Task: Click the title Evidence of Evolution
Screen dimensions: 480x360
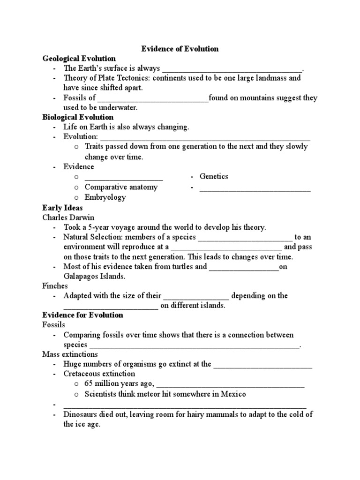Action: [x=180, y=49]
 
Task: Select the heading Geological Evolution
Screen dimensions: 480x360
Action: [x=79, y=59]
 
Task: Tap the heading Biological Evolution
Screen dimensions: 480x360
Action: [x=78, y=117]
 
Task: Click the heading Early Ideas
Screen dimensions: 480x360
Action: [x=62, y=208]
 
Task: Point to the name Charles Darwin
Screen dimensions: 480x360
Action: [x=68, y=217]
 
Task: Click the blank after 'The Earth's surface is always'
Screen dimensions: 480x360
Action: [x=232, y=69]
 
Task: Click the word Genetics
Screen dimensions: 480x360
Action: [x=214, y=176]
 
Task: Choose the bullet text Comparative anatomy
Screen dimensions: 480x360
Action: [x=121, y=187]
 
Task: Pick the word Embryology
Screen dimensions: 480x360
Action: [x=105, y=197]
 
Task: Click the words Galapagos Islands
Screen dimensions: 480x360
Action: [x=94, y=277]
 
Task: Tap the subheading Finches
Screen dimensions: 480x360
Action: [x=55, y=286]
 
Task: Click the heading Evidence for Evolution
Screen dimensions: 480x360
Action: [x=82, y=315]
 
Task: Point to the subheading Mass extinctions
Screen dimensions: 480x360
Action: [x=70, y=354]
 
